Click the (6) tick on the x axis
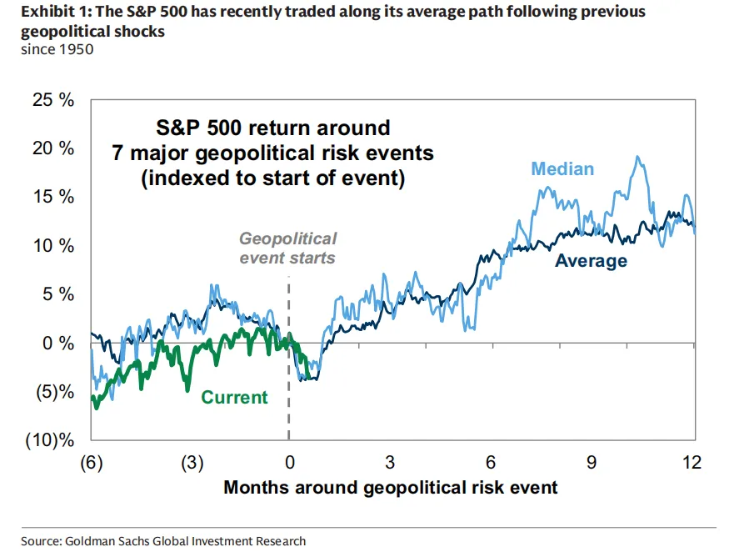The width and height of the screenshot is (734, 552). tap(91, 463)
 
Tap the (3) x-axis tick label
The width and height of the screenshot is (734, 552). tap(192, 463)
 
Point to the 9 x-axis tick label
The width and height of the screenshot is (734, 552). tap(592, 463)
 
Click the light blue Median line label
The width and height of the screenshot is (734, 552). tap(562, 169)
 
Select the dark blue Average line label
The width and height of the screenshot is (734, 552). tap(591, 261)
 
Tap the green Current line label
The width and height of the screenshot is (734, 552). tap(234, 398)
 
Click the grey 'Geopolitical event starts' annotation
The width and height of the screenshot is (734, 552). tap(287, 248)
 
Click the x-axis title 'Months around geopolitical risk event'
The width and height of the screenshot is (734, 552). tap(391, 487)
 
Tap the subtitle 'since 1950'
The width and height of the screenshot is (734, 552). tap(51, 49)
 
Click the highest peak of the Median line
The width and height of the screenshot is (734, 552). tap(638, 157)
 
